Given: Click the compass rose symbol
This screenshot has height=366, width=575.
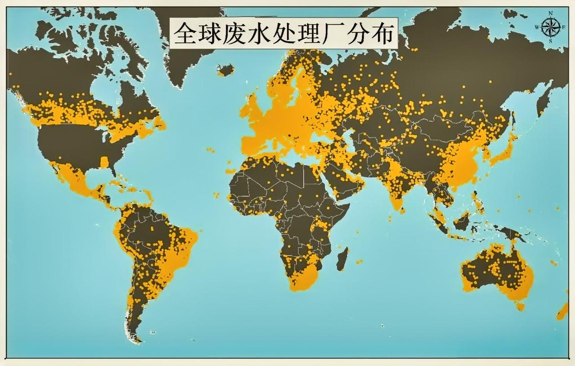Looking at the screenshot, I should (x=551, y=27).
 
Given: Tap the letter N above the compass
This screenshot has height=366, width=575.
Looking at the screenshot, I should (x=551, y=13).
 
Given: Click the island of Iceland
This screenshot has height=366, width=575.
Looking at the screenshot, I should (x=225, y=70).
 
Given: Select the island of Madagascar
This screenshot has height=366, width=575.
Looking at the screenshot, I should (x=342, y=259).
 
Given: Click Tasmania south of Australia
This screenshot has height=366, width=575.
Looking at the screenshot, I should (x=520, y=307).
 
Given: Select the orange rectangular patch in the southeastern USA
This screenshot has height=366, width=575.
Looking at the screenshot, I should (x=104, y=162).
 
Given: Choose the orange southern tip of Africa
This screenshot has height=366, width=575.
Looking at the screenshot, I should (x=303, y=278).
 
